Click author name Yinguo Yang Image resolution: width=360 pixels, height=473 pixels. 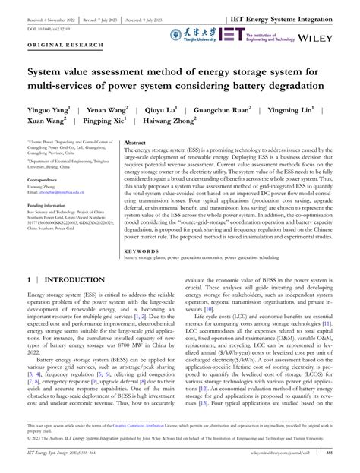point(47,110)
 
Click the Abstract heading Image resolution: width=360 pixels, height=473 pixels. point(114,142)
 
